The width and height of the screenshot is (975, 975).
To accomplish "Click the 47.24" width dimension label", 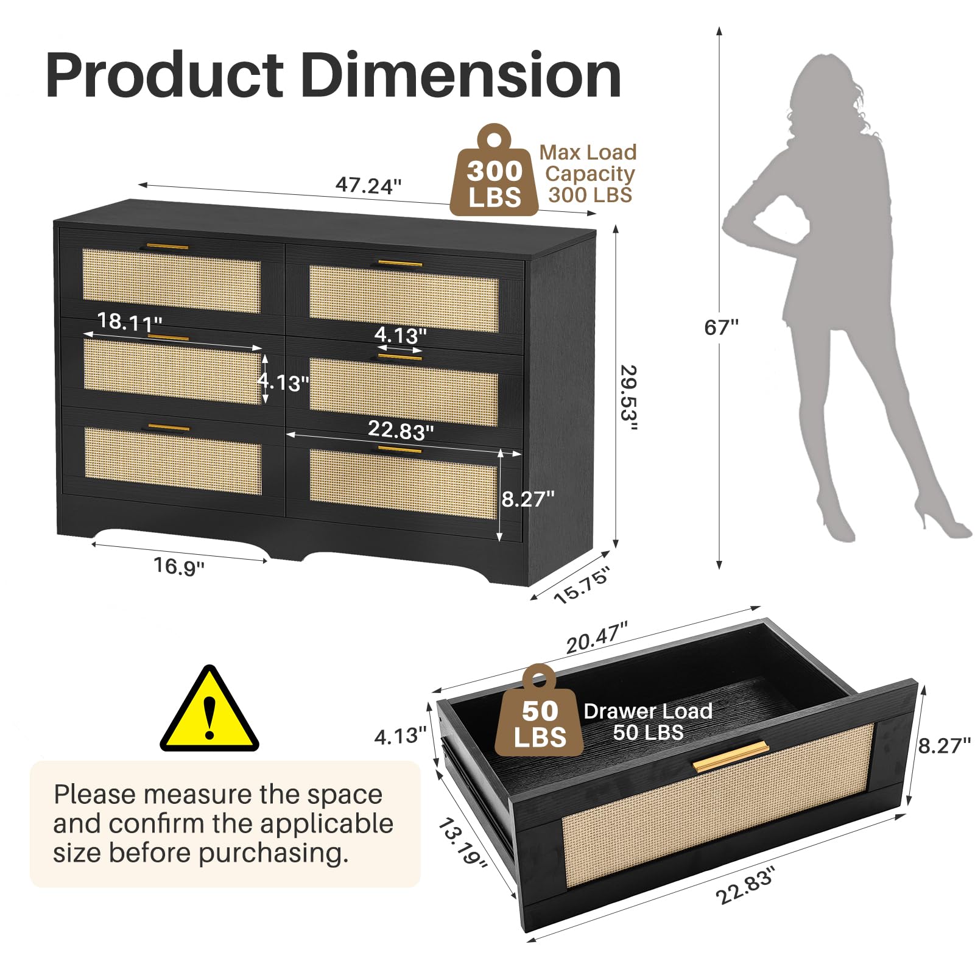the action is [x=368, y=185].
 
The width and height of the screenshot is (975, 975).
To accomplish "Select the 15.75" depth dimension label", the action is [x=582, y=585].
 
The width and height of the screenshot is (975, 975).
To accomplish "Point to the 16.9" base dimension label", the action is [x=178, y=566].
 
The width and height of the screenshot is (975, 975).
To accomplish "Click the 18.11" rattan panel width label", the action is [x=130, y=322].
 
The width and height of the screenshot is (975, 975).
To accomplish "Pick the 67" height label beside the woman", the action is [x=721, y=328].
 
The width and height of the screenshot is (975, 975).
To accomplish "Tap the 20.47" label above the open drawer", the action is [x=597, y=638].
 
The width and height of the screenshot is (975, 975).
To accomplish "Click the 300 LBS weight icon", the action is [x=494, y=171].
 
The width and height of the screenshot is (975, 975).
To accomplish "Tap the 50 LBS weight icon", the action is [x=539, y=711].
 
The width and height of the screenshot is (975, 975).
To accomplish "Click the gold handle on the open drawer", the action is [x=731, y=756].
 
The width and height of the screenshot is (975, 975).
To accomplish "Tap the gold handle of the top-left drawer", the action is [x=167, y=247].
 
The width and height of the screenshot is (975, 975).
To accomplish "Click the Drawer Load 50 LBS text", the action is [x=648, y=722].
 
